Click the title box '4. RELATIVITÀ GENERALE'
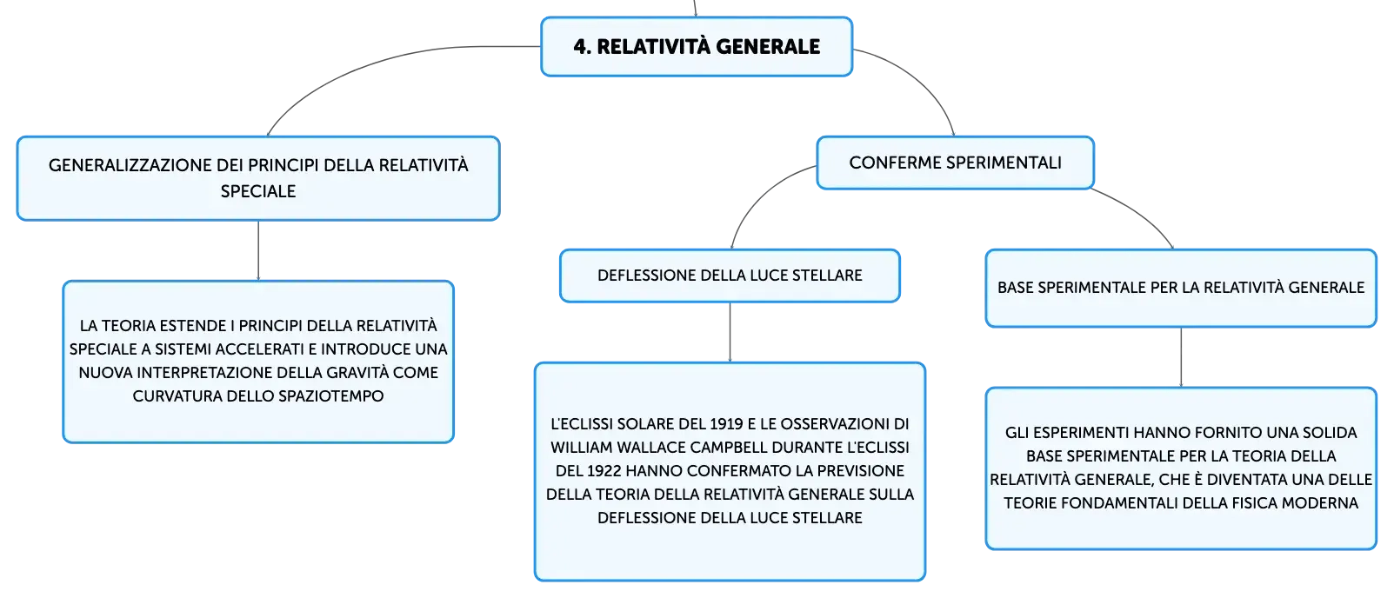tap(697, 47)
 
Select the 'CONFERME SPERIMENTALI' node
tap(955, 163)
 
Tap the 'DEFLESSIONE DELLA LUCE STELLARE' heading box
tap(730, 276)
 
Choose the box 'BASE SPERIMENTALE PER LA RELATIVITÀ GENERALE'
tap(1181, 288)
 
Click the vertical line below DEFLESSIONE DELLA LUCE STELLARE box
tap(730, 332)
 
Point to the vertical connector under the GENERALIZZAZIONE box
tap(258, 250)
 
